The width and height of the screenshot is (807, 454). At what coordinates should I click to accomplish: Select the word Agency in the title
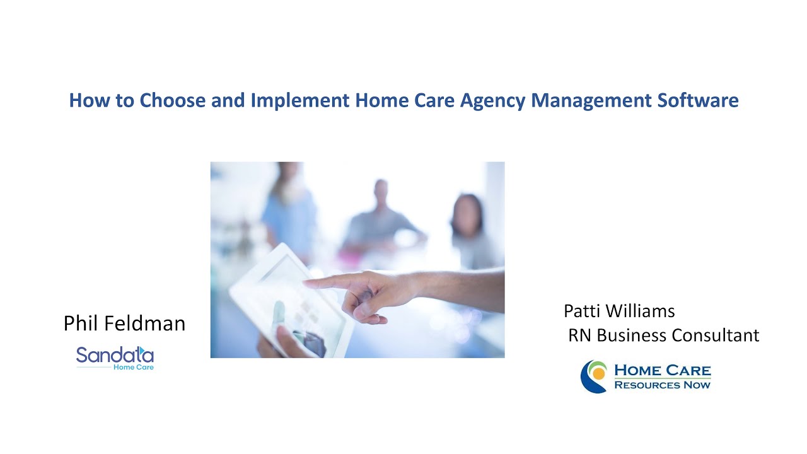(x=492, y=101)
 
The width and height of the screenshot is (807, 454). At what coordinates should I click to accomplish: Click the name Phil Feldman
(x=124, y=323)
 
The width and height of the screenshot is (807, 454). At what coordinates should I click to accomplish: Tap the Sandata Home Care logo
(x=115, y=356)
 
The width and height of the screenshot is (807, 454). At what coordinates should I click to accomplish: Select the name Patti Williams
(x=619, y=311)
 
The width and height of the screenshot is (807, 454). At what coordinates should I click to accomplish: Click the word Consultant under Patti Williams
(x=715, y=335)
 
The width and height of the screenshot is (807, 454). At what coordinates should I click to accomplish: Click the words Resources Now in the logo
(x=662, y=385)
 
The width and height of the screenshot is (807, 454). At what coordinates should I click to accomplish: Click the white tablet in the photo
(x=277, y=296)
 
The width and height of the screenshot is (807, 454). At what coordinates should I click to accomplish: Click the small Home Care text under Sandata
(x=133, y=367)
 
